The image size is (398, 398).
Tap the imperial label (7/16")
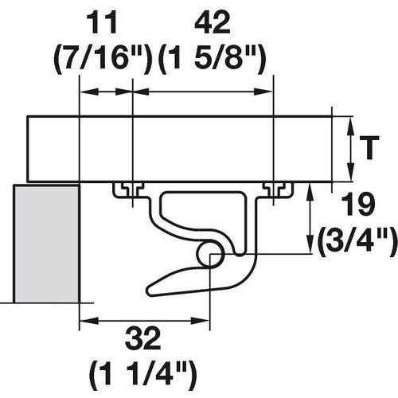tap(103, 57)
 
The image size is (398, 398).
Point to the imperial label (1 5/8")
tap(211, 57)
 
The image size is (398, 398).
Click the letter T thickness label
tap(368, 147)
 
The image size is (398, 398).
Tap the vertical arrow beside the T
tap(350, 149)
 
